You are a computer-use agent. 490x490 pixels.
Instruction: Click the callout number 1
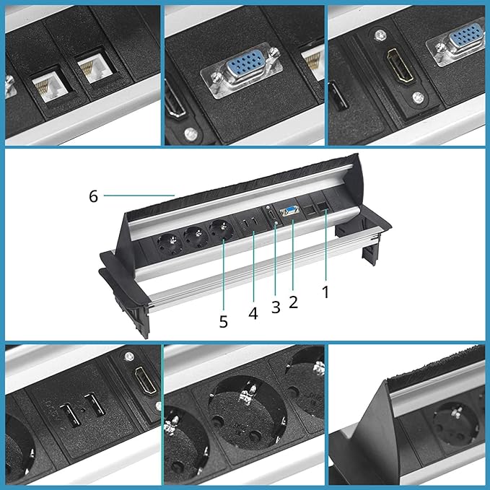[x=325, y=292]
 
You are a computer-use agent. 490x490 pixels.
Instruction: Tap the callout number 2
[x=293, y=302]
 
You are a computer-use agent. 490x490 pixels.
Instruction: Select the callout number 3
[x=276, y=307]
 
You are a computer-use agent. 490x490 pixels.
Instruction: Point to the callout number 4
[x=253, y=312]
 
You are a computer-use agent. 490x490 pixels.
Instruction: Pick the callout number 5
[x=223, y=321]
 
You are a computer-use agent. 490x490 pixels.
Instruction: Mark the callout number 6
[x=93, y=196]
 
